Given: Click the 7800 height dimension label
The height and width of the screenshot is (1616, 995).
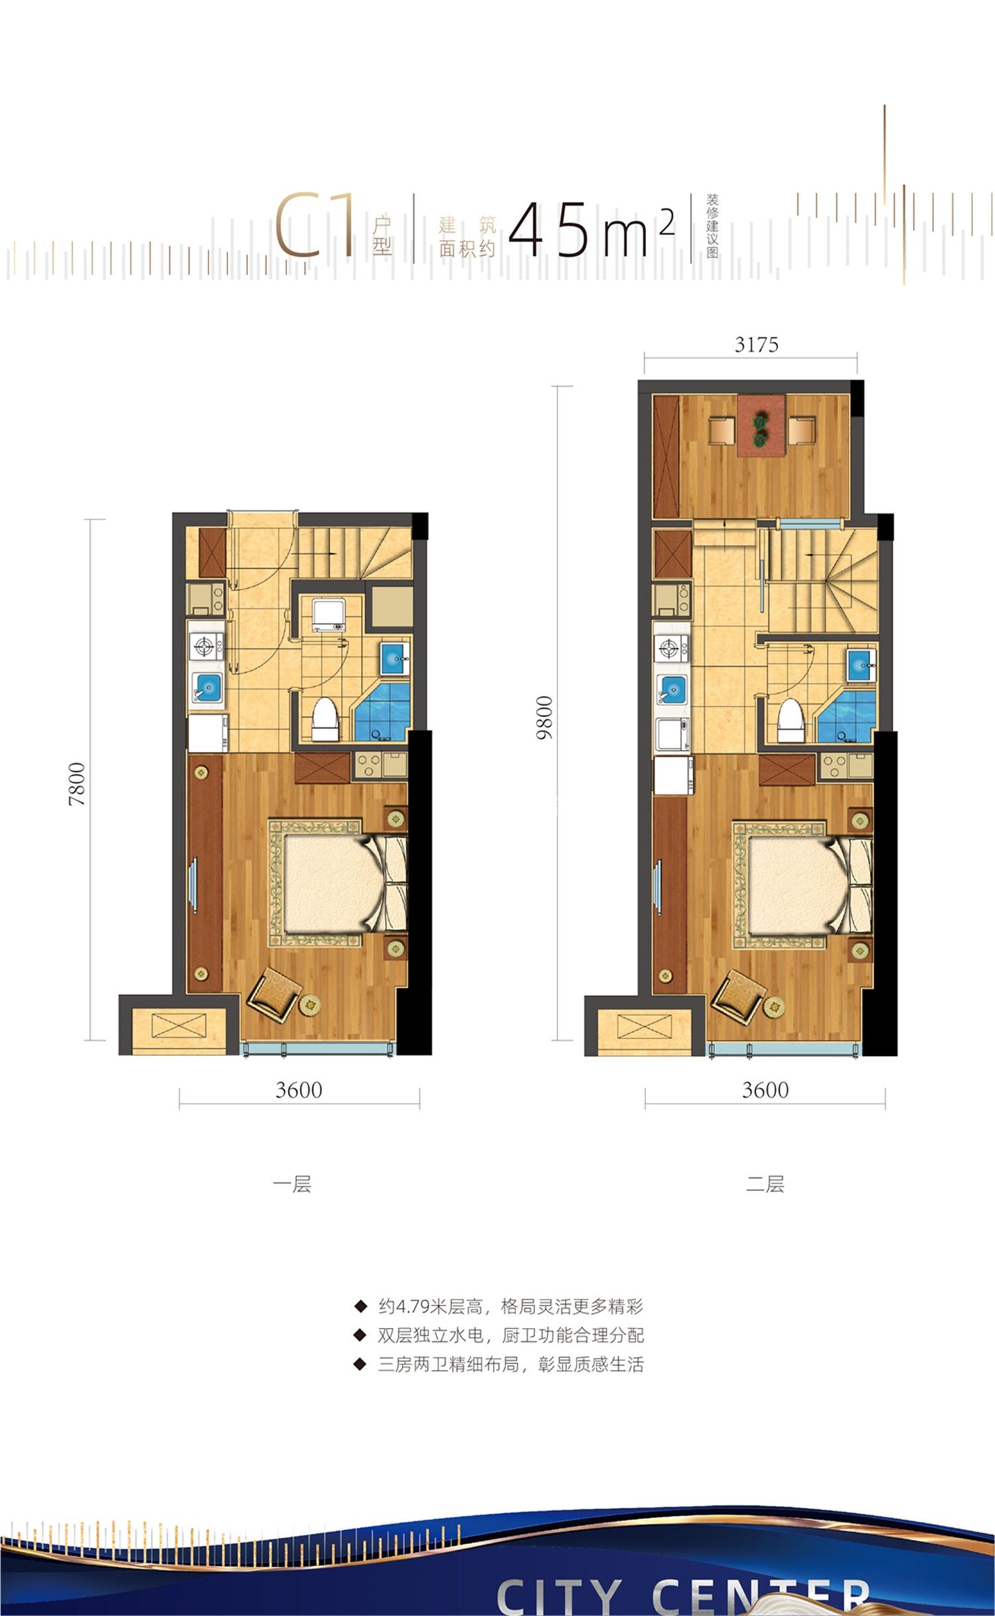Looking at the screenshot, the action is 78,784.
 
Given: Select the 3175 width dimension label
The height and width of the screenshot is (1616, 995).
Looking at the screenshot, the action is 757,345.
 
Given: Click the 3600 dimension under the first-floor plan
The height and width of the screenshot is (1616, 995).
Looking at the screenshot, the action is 299,1090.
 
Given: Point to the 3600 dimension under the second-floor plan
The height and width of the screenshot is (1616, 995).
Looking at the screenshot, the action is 765,1090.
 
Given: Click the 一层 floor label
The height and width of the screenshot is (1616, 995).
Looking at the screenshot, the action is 292,1185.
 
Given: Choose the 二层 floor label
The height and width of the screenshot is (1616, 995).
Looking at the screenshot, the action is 765,1185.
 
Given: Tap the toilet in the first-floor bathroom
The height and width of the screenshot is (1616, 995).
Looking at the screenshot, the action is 326,719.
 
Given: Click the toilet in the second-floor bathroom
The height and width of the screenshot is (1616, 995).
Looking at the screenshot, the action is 790,719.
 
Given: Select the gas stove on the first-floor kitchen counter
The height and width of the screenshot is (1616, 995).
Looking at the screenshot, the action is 206,645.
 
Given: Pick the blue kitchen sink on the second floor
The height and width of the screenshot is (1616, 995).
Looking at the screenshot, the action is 671,688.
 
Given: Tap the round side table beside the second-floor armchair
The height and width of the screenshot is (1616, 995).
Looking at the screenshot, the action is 773,1006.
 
